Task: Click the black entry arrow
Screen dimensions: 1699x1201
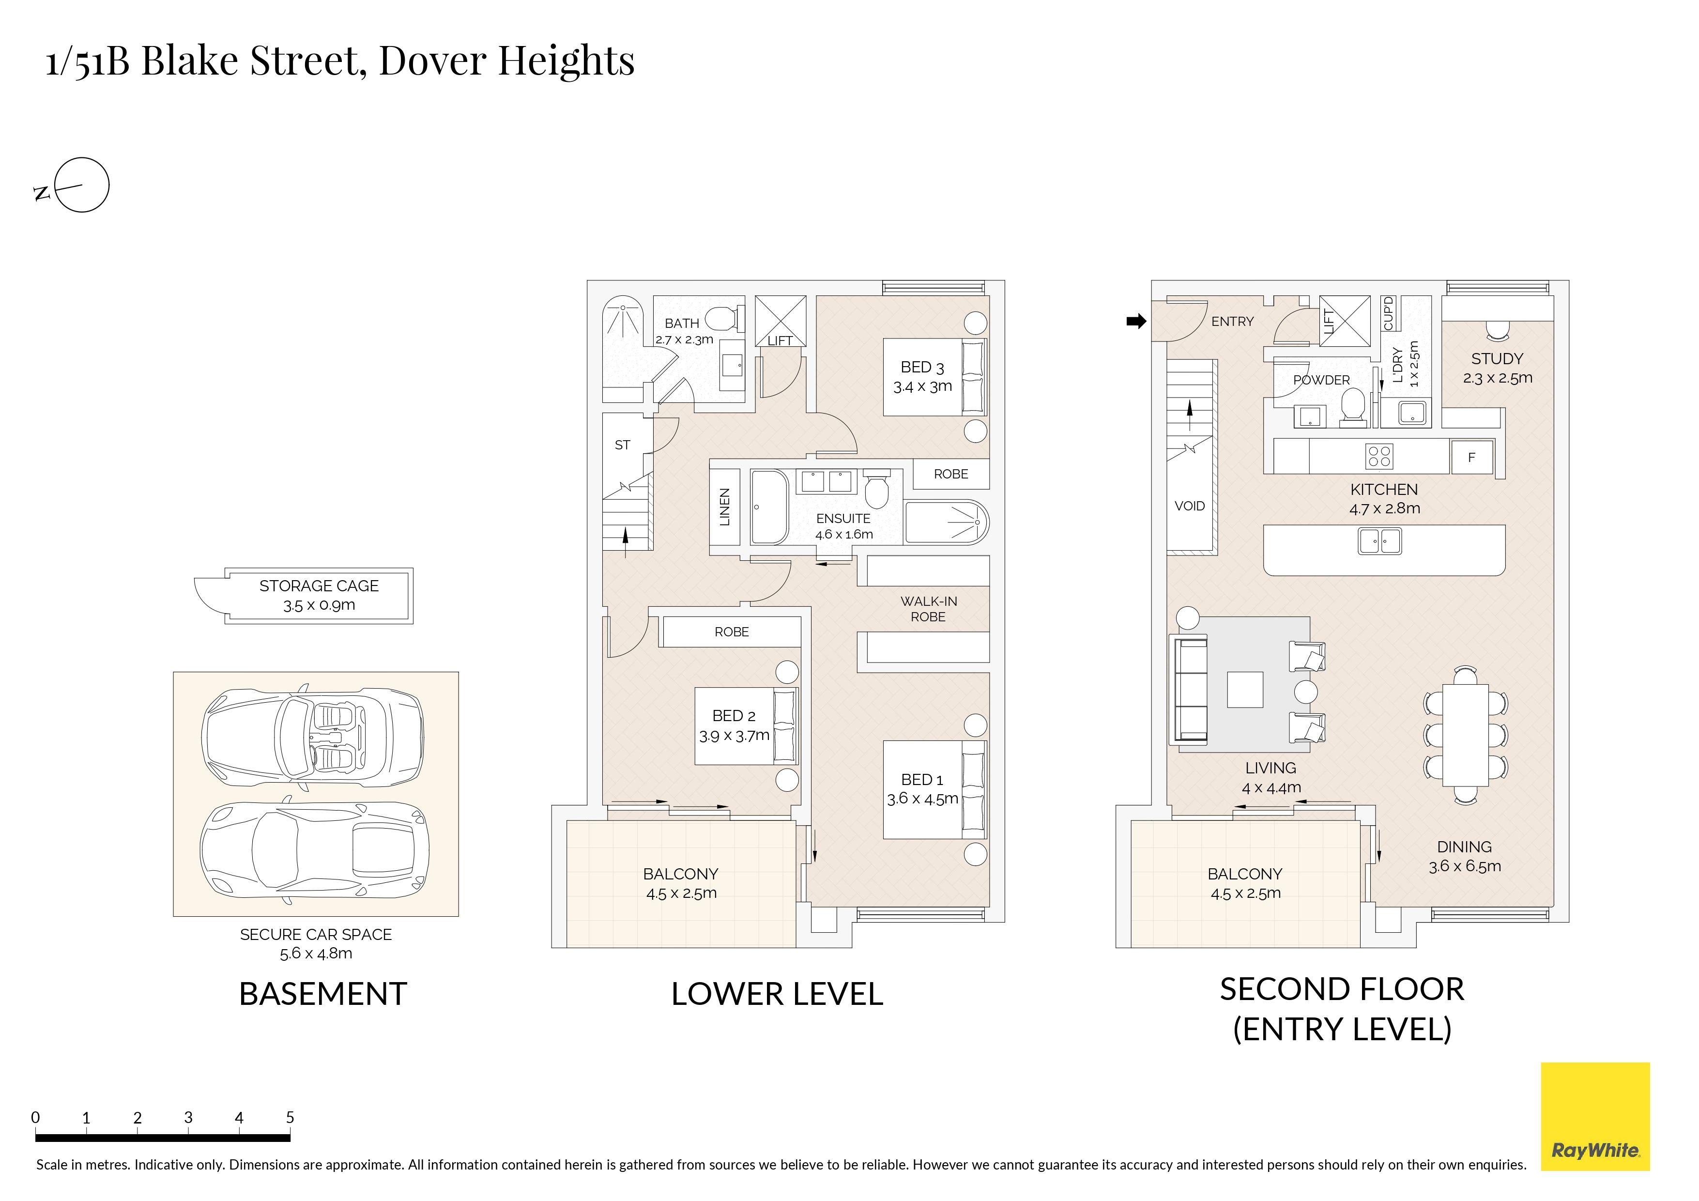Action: point(1136,321)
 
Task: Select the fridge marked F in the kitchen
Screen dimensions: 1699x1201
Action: point(1471,457)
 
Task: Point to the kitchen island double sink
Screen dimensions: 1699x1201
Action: point(1380,541)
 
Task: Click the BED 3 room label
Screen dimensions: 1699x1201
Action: point(922,367)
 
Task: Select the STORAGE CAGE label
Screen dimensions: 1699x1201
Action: point(319,586)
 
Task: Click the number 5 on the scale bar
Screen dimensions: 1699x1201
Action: point(290,1117)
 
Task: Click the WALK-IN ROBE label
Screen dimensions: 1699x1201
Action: point(929,609)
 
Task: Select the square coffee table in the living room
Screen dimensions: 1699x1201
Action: point(1245,689)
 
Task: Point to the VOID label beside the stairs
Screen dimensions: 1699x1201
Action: point(1190,506)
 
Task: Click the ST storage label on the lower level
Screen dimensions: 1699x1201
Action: point(622,445)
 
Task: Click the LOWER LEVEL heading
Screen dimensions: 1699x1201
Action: point(777,994)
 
